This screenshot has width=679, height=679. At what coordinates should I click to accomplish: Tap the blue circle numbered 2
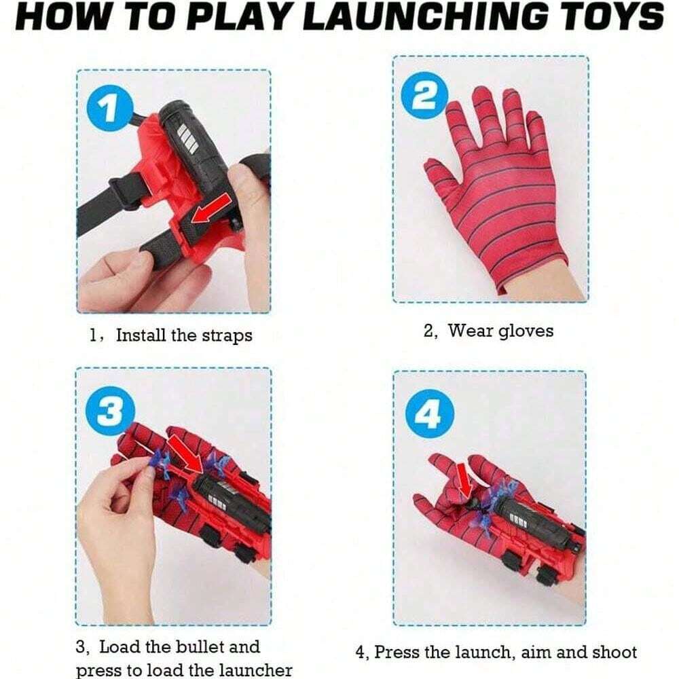424,95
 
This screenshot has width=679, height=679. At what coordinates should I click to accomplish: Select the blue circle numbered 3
111,410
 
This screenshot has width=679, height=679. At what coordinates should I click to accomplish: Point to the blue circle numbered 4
430,414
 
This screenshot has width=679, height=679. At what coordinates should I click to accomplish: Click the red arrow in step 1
211,208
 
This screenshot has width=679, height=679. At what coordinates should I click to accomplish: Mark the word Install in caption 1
141,335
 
